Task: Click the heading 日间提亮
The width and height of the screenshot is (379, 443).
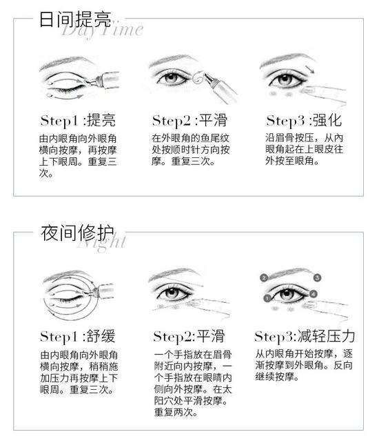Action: tap(75, 19)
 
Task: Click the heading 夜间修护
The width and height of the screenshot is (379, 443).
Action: tap(77, 233)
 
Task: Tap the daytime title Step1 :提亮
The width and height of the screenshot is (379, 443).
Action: tap(78, 120)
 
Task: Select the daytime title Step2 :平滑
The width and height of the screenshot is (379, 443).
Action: tap(189, 120)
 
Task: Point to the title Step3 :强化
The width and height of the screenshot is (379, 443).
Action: tap(304, 120)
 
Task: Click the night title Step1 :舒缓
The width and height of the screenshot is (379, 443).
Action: tap(78, 336)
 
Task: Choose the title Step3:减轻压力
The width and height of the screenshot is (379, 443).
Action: tap(305, 336)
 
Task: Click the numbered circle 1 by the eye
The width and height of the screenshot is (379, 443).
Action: tap(267, 298)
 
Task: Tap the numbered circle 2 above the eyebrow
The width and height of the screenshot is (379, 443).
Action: tap(264, 277)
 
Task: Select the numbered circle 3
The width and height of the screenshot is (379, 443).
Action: tap(317, 277)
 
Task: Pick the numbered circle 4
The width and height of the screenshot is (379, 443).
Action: tap(314, 295)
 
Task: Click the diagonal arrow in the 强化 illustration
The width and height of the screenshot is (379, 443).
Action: tap(309, 69)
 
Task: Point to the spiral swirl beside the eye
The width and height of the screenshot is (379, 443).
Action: tap(198, 77)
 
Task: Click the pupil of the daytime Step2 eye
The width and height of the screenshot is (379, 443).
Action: tap(172, 78)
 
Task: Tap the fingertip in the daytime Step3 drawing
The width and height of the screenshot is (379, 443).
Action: tap(307, 90)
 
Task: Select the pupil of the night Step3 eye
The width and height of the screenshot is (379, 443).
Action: tap(287, 294)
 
